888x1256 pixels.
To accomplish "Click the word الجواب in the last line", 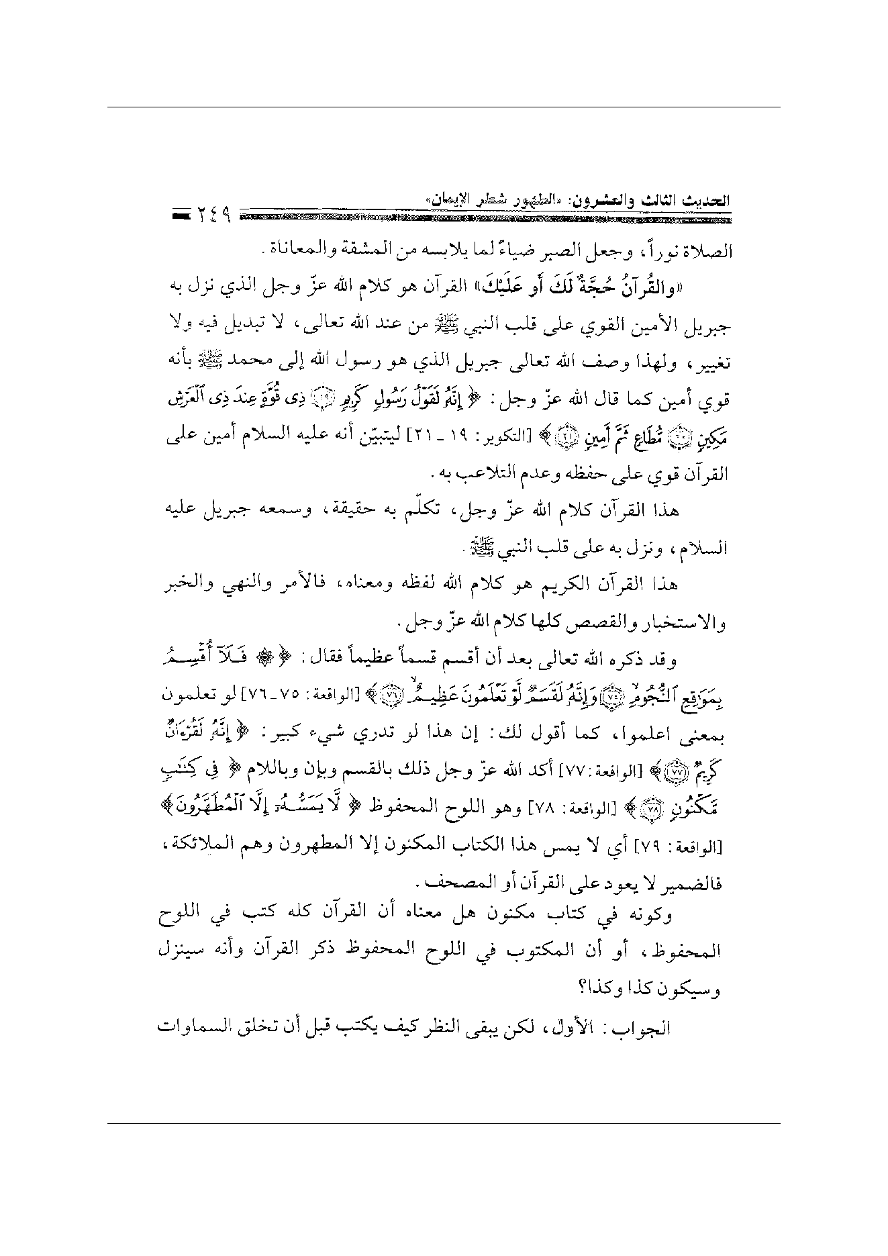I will click(x=645, y=1027).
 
